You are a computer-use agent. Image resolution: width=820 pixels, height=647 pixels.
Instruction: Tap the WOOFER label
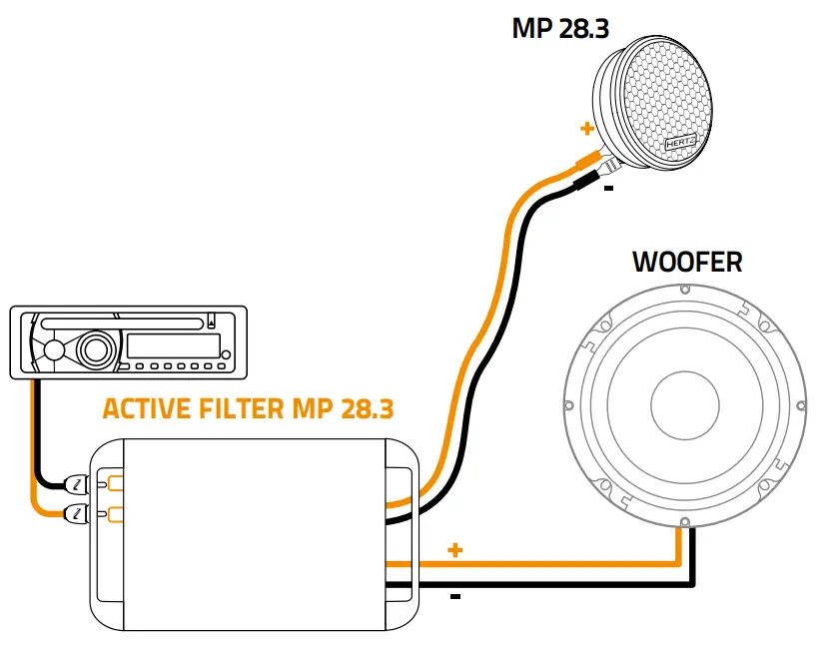coord(687,263)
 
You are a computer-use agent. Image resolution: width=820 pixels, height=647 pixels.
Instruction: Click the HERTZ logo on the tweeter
coord(679,143)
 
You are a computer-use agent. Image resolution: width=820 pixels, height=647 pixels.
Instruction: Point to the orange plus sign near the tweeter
coord(586,129)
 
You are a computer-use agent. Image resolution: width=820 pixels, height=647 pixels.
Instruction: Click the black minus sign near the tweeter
coord(608,187)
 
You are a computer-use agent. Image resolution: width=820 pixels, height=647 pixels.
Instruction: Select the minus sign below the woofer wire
coord(455,597)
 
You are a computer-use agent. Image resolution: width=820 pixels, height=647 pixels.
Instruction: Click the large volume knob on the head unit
coord(96,349)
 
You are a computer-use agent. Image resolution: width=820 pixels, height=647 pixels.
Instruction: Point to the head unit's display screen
coord(172,347)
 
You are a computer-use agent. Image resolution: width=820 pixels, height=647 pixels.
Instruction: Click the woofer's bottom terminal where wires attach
coord(684,523)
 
